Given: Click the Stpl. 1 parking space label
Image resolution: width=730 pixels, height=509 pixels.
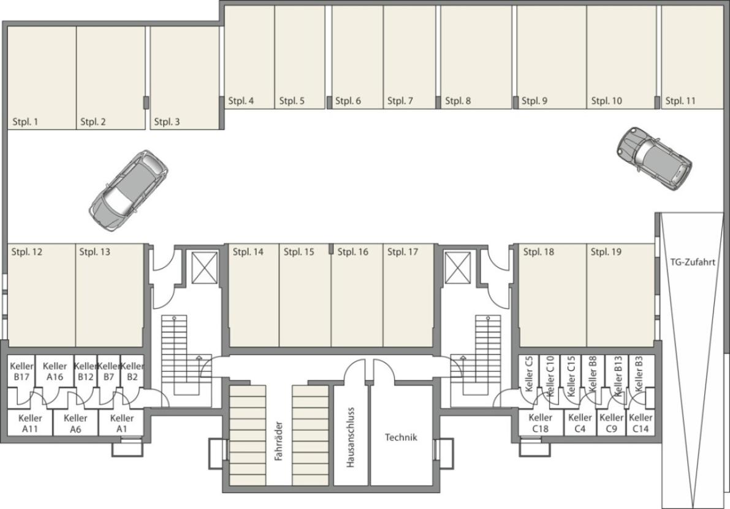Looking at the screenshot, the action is (x=25, y=122).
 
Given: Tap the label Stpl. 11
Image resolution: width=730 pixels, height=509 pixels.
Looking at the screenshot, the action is (x=680, y=101).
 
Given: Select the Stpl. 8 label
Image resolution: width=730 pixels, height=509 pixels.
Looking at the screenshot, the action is (x=458, y=101).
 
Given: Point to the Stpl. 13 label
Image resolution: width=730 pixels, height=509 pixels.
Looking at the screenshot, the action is (x=94, y=252).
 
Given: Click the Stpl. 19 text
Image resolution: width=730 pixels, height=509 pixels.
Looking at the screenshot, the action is (x=606, y=252).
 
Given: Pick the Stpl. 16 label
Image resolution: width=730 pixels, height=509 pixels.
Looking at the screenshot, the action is (x=352, y=252).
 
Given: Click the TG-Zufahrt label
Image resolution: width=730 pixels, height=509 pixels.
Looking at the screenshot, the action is (x=692, y=262).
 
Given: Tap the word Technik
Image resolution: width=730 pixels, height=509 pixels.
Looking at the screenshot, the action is (x=401, y=437).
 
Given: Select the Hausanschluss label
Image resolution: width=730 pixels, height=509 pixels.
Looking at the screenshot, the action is (x=351, y=437).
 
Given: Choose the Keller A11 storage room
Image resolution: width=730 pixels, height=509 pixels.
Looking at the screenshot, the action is (x=30, y=423).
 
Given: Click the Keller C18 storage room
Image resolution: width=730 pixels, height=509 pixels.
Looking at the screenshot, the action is (x=540, y=423).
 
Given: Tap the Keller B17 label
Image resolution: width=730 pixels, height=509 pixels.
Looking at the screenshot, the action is (x=21, y=372).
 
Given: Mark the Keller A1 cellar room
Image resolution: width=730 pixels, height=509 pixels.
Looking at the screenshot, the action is (x=122, y=423).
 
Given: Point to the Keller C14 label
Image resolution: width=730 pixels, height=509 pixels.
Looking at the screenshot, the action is (x=641, y=423).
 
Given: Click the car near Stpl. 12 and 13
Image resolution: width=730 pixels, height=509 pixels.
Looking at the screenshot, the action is (x=128, y=189).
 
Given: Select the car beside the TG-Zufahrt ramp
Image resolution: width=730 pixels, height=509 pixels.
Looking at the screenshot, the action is (x=654, y=158).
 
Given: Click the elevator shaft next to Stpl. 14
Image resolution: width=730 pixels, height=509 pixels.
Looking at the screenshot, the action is (x=205, y=267).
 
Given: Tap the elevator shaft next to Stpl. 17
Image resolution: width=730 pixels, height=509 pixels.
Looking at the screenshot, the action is (x=458, y=267).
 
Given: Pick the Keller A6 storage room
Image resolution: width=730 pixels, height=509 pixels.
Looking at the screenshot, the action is (x=75, y=423).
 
